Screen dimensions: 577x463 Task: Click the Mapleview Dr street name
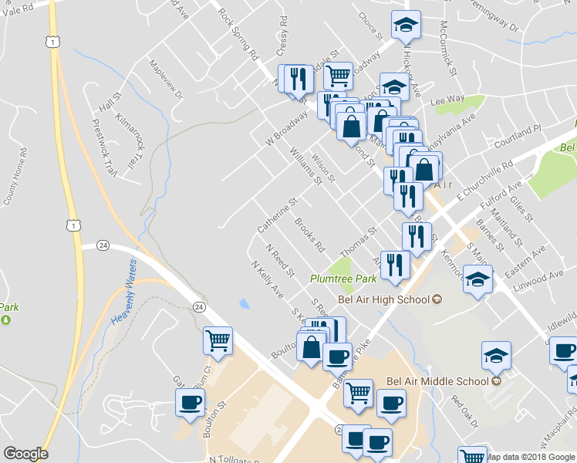point(166,80)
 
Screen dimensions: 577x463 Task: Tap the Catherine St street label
point(277,215)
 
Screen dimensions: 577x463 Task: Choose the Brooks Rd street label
point(309,235)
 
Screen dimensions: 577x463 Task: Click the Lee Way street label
point(447,100)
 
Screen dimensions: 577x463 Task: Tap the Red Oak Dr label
point(466,413)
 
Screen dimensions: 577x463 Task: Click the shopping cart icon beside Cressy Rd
point(337,76)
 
